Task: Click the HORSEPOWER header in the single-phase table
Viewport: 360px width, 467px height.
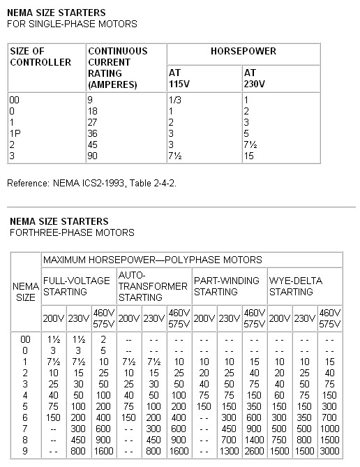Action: (x=243, y=52)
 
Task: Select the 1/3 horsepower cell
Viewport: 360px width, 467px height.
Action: (x=175, y=100)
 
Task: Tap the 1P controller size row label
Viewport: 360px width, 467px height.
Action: (x=15, y=133)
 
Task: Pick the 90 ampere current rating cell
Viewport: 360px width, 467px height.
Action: (x=94, y=155)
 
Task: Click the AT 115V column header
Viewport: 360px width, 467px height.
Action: (x=181, y=77)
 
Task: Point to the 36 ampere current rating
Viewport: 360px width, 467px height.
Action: (x=94, y=133)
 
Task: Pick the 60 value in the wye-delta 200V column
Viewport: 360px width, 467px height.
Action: (x=280, y=394)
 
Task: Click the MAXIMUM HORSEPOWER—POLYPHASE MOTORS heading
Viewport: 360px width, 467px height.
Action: (x=152, y=260)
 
